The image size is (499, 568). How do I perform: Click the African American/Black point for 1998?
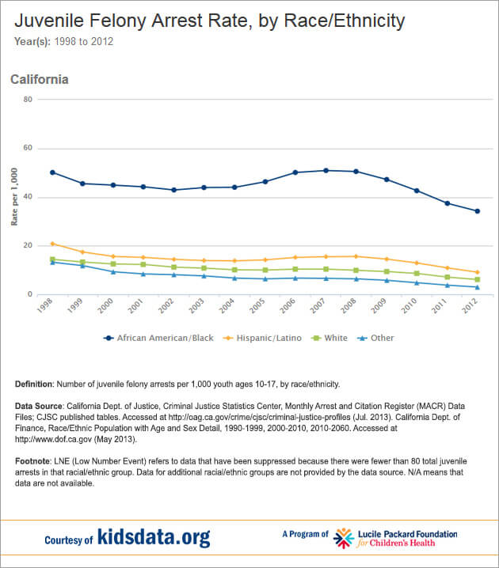coord(52,172)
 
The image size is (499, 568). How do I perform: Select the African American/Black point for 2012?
coord(477,211)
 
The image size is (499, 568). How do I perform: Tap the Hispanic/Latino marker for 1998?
coord(52,244)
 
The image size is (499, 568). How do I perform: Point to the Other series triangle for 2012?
coord(477,287)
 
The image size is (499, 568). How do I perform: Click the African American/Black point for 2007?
coord(326,170)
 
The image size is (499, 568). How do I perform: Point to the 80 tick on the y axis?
coord(27,99)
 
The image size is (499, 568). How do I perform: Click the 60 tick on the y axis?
coord(27,148)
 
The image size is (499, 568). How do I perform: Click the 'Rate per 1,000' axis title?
coord(13,196)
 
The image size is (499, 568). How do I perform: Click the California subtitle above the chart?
coord(39,79)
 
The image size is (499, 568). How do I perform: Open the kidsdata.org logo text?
coord(154,538)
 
